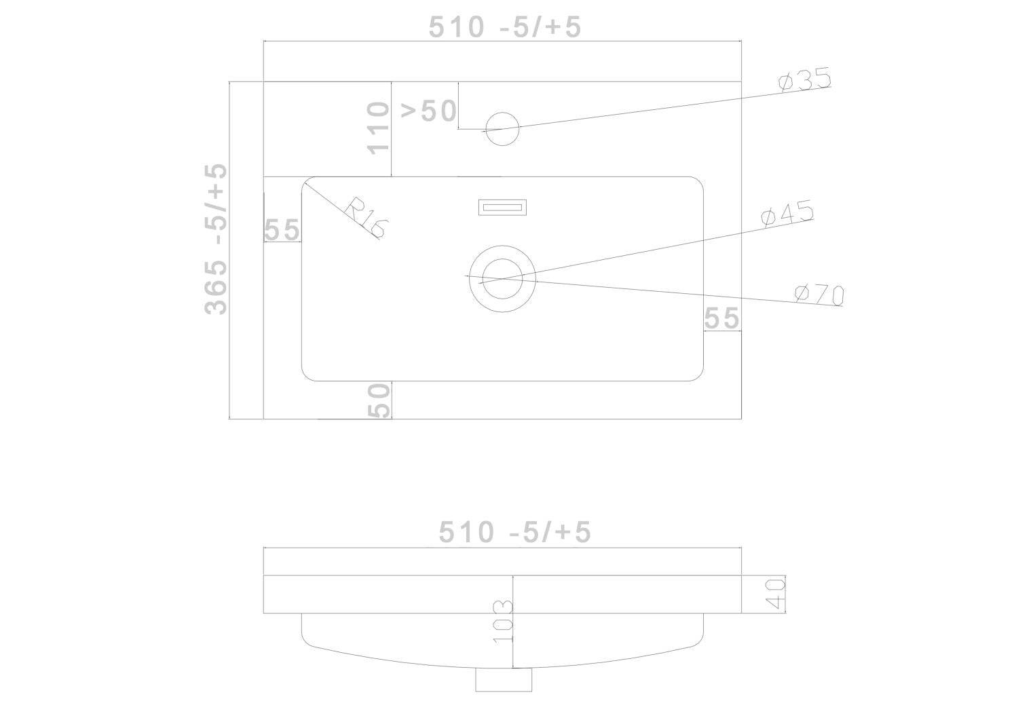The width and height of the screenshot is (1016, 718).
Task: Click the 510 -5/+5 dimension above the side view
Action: [515, 531]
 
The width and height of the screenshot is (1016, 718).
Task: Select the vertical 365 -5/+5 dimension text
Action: [216, 239]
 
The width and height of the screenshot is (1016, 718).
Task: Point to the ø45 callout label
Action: [788, 212]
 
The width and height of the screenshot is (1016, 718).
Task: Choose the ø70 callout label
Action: [820, 294]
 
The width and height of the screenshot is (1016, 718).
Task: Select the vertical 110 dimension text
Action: [378, 128]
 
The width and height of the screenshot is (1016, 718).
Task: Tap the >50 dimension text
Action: [429, 111]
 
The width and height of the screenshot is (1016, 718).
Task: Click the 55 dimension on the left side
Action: [282, 229]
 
